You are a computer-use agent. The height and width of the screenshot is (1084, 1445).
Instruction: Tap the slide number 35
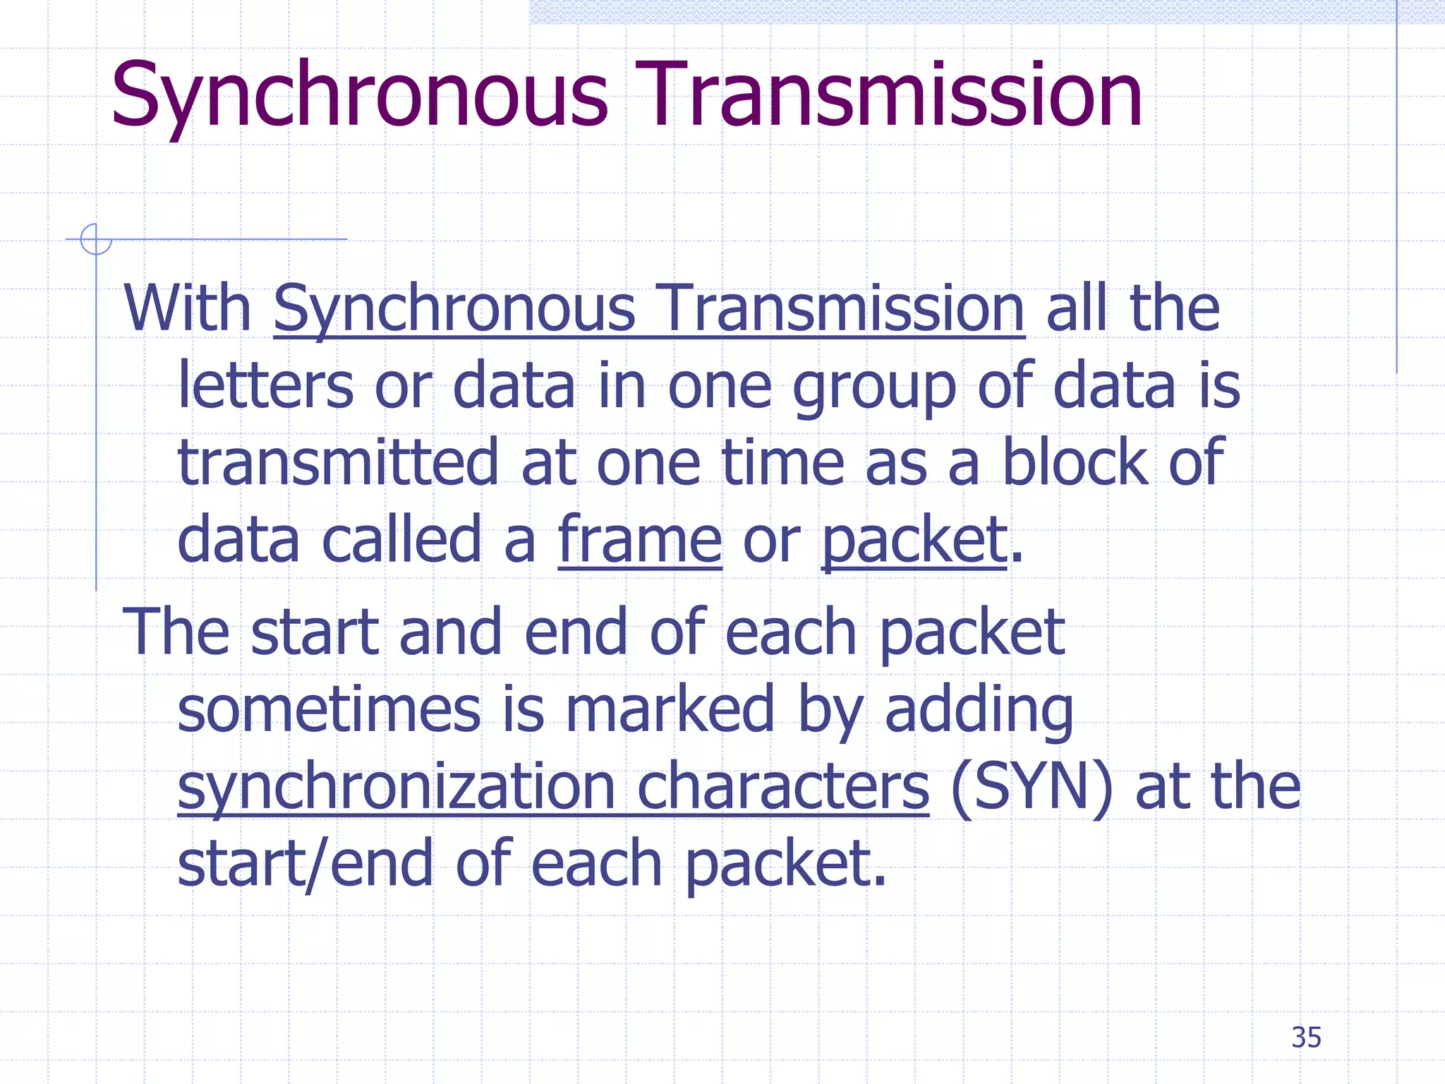click(1306, 1037)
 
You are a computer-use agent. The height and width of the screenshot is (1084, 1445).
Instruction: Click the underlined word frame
click(639, 540)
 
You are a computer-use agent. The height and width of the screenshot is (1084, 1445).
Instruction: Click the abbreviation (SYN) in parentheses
click(1032, 787)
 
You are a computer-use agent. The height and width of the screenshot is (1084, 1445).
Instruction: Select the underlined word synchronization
click(397, 788)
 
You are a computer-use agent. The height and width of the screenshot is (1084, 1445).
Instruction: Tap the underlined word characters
click(782, 787)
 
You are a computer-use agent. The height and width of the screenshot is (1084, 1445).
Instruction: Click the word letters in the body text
click(265, 386)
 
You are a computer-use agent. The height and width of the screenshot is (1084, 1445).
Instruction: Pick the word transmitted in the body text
click(338, 463)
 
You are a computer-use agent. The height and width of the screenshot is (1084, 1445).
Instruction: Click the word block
click(1075, 463)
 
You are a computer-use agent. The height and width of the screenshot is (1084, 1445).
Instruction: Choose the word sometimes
click(329, 709)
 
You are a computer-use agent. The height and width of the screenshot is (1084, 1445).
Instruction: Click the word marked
click(670, 709)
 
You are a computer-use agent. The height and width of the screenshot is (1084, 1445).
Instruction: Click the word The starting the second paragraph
click(176, 632)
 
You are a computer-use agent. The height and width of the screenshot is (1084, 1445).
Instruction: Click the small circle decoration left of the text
click(95, 239)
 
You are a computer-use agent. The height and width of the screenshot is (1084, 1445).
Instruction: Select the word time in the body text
click(783, 463)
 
